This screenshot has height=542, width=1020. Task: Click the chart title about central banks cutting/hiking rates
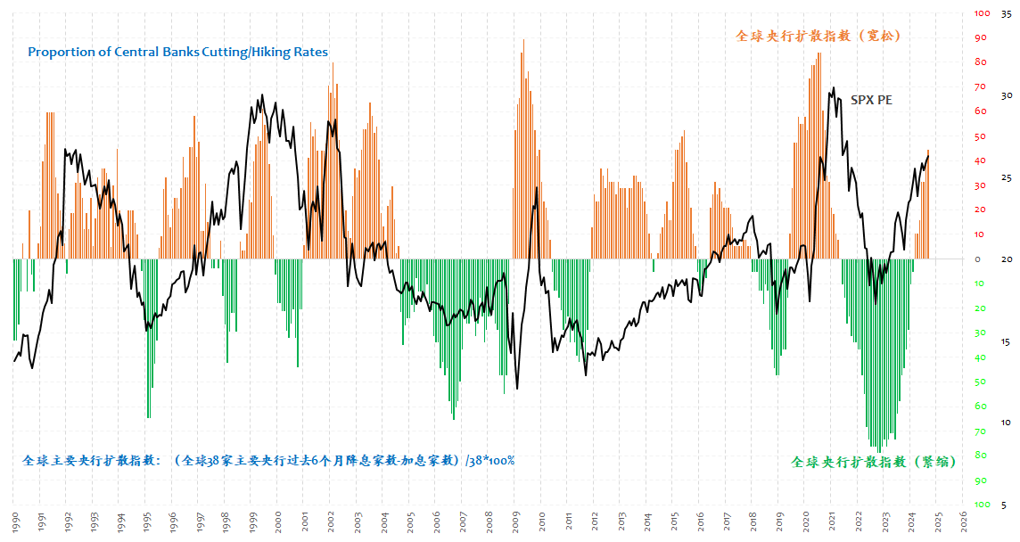pyautogui.click(x=177, y=52)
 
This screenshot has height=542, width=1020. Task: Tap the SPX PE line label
pyautogui.click(x=871, y=100)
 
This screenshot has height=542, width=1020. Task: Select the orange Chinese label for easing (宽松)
pyautogui.click(x=818, y=36)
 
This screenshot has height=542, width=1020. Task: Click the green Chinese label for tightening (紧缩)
pyautogui.click(x=874, y=462)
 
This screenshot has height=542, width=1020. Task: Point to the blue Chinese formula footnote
pyautogui.click(x=268, y=461)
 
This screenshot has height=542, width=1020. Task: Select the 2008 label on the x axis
pyautogui.click(x=489, y=520)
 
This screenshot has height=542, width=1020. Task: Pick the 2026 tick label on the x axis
pyautogui.click(x=963, y=520)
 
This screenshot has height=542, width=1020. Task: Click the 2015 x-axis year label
pyautogui.click(x=673, y=520)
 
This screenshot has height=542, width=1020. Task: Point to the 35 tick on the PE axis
pyautogui.click(x=1005, y=13)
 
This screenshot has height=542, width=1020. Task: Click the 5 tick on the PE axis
pyautogui.click(x=1005, y=505)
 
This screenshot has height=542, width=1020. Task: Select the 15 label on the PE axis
pyautogui.click(x=1005, y=341)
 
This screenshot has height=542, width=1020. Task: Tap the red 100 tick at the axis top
pyautogui.click(x=982, y=13)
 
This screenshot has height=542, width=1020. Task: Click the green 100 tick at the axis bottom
pyautogui.click(x=982, y=505)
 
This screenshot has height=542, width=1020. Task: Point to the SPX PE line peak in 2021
pyautogui.click(x=834, y=88)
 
